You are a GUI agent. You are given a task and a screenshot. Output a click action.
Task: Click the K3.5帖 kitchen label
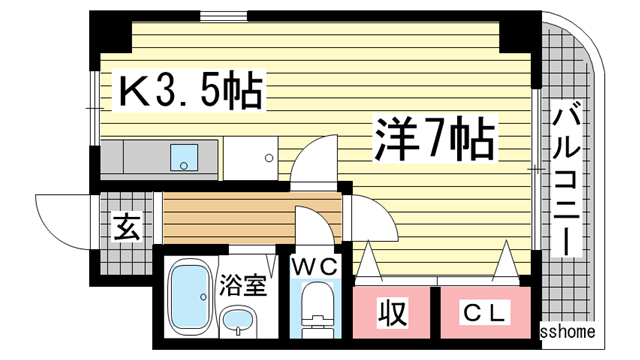[190, 93]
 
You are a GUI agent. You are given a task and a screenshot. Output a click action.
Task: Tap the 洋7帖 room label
[435, 140]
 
